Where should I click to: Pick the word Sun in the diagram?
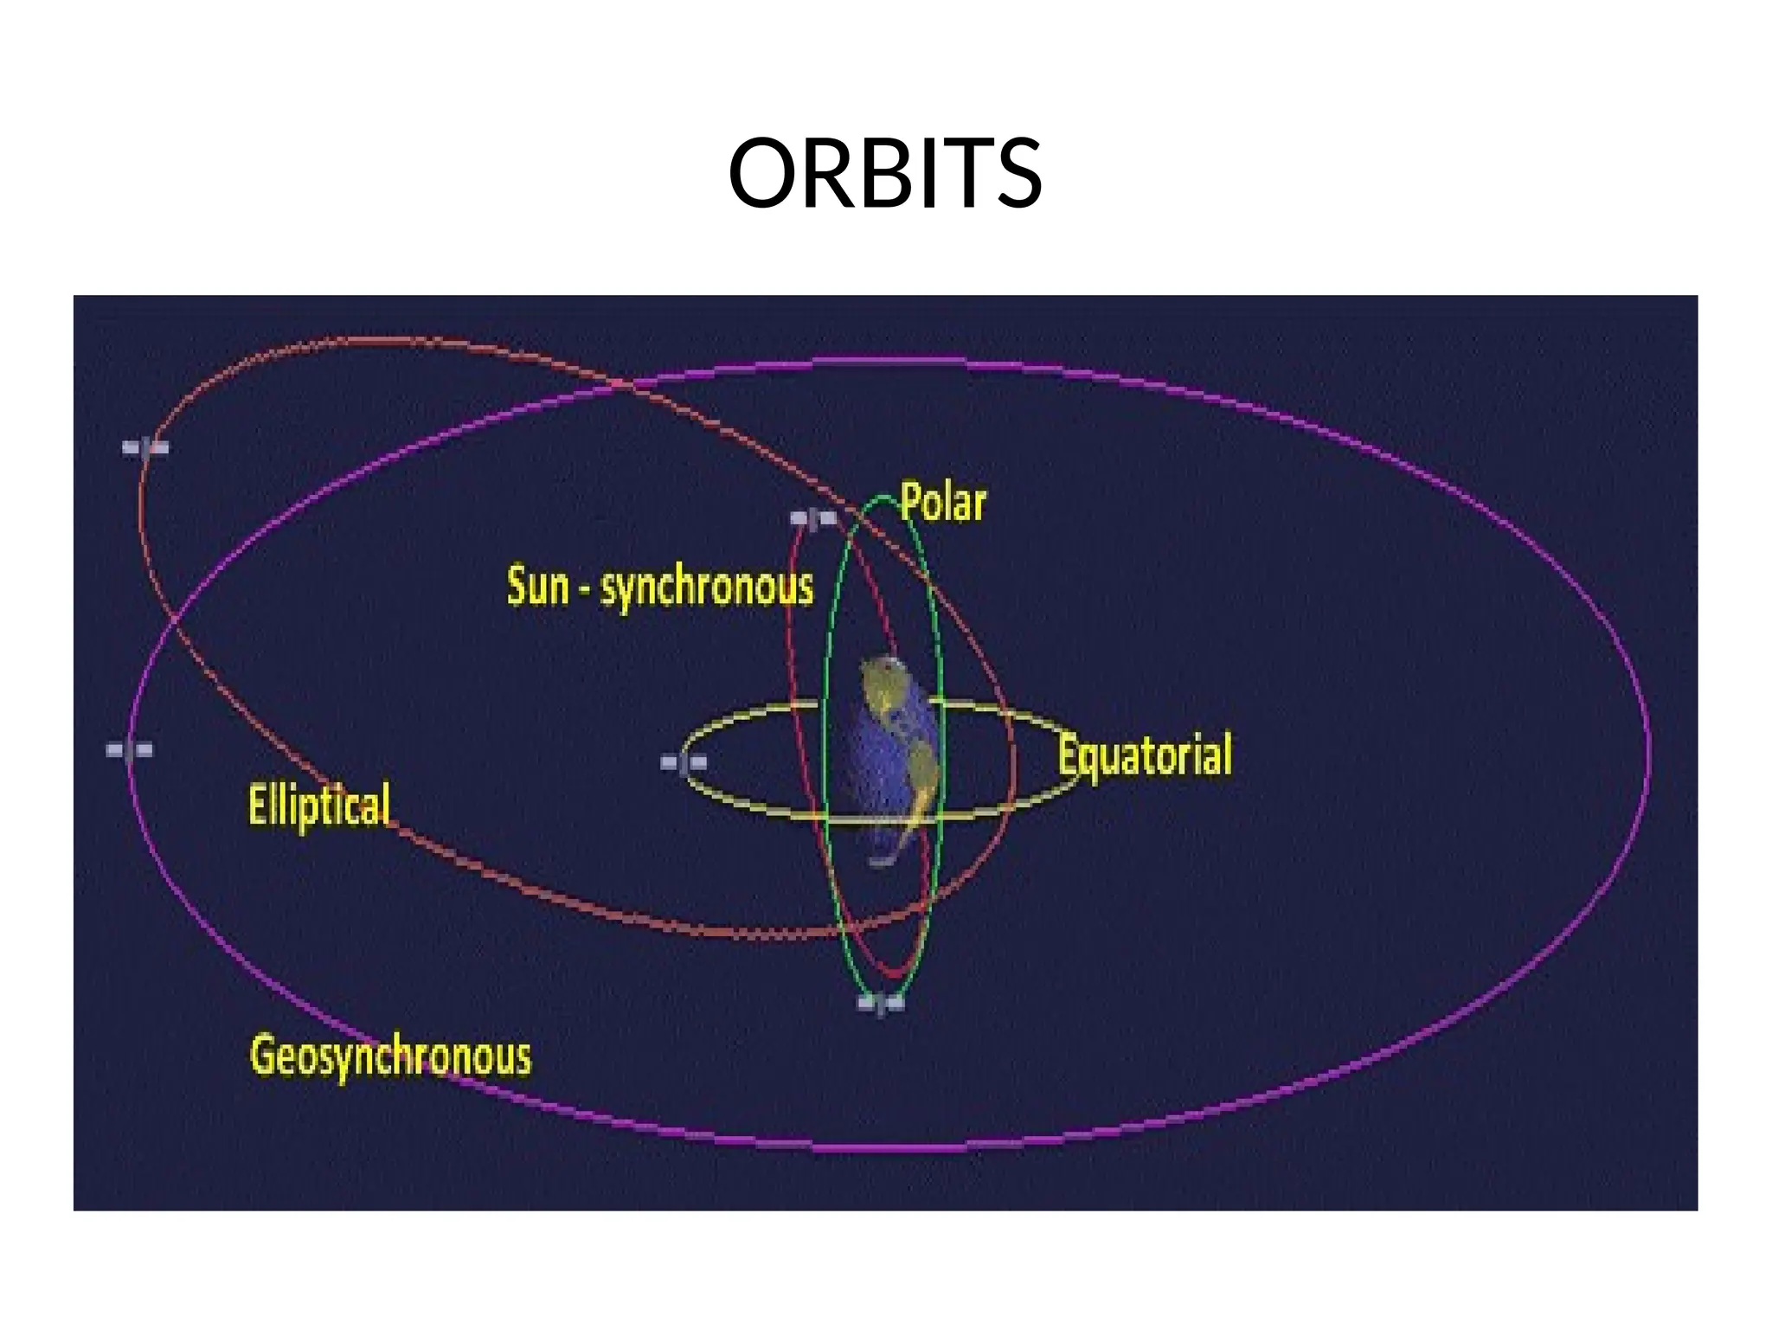click(x=537, y=586)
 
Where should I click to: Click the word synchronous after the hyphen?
click(x=707, y=588)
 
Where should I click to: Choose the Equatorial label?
click(x=1145, y=755)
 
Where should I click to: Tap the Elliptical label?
click(x=319, y=805)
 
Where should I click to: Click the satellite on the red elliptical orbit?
click(x=144, y=447)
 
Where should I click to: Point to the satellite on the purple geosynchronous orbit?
click(x=129, y=749)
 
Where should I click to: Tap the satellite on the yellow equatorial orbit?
click(x=684, y=762)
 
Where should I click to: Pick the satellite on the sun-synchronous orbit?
click(x=813, y=518)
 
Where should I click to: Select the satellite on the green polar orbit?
click(x=881, y=1004)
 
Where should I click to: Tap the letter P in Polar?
click(x=910, y=502)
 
